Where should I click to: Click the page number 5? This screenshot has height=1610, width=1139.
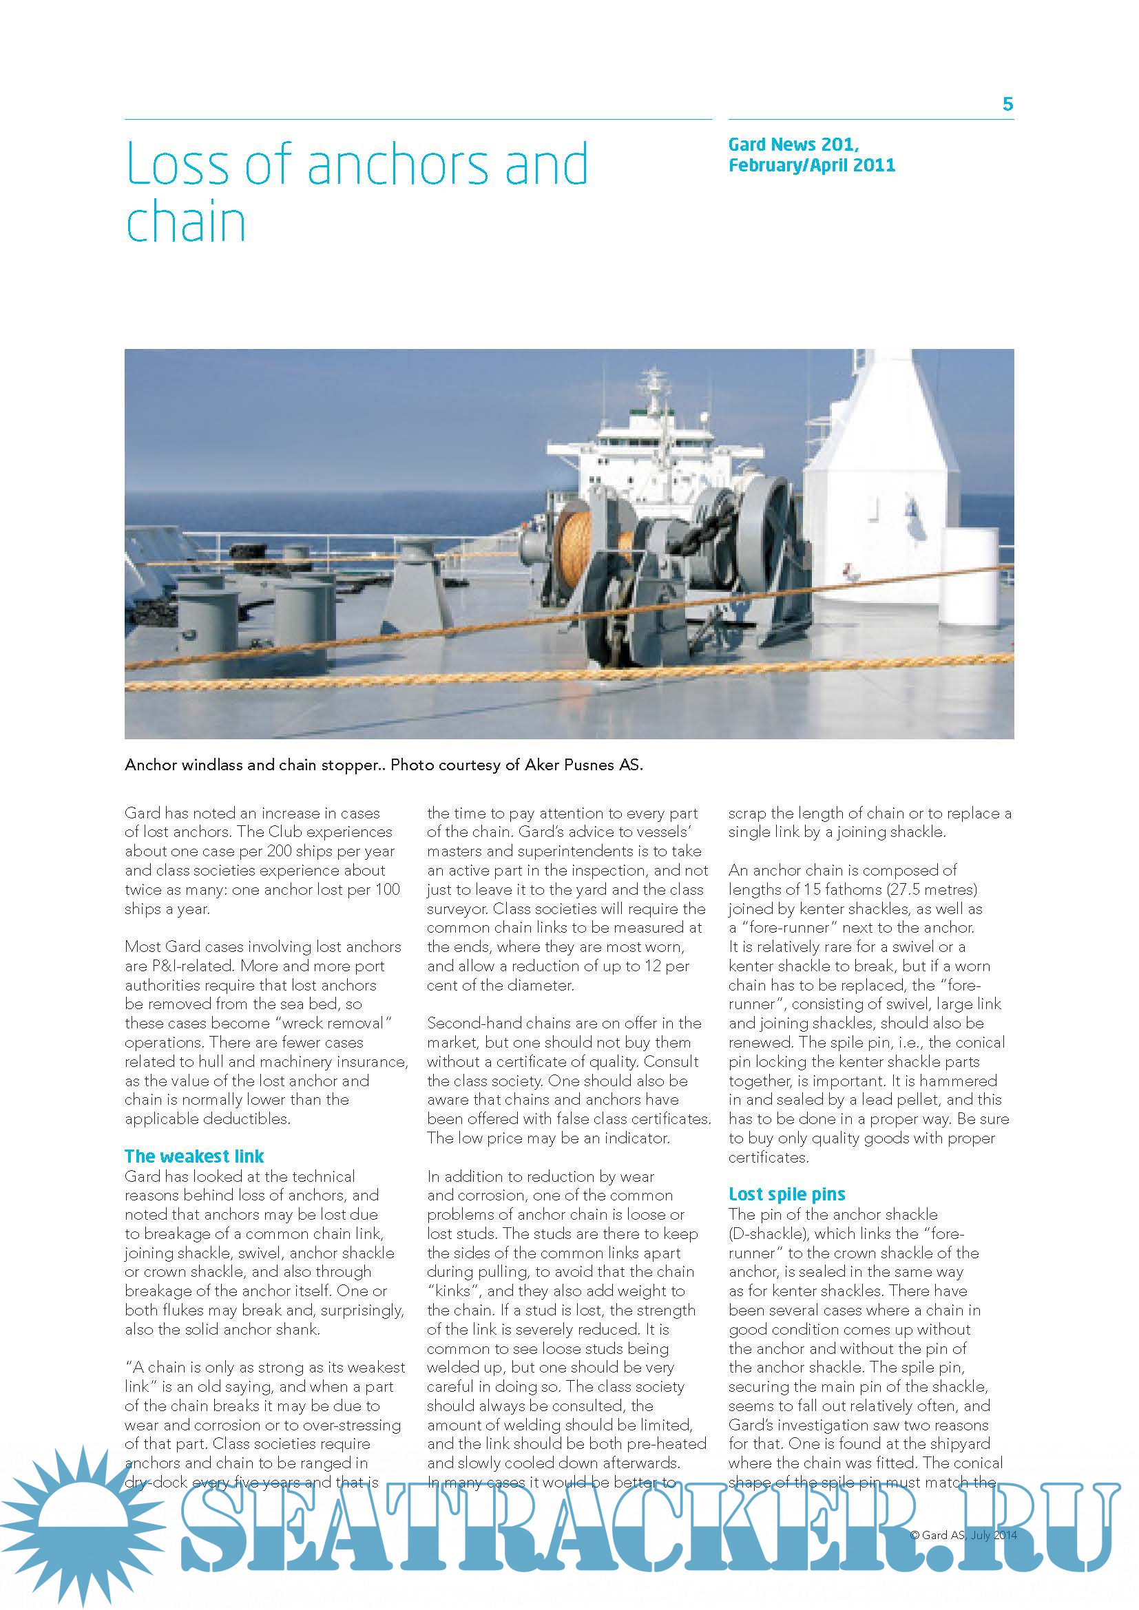click(x=1007, y=105)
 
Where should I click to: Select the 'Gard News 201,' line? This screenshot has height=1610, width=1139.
click(x=793, y=145)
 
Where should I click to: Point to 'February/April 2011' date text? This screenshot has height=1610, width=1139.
click(x=811, y=165)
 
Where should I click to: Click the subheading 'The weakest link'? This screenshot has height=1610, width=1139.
click(x=194, y=1156)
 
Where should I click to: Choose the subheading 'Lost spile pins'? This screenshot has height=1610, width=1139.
click(x=786, y=1194)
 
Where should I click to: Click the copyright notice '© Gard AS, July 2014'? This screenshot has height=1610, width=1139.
click(x=963, y=1535)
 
